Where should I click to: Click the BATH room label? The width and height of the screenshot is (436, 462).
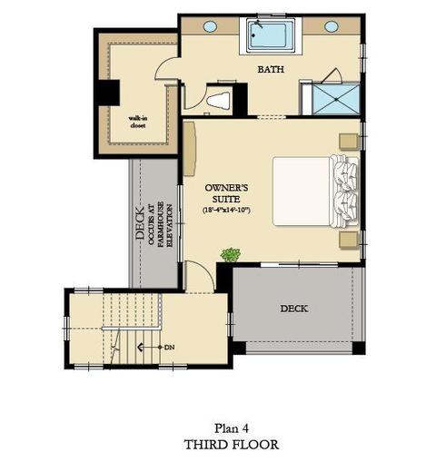[x=271, y=69]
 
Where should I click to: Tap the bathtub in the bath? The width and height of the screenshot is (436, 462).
[x=267, y=35]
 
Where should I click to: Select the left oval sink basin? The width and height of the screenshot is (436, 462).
[x=210, y=26]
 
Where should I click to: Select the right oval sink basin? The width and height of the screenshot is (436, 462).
[x=332, y=26]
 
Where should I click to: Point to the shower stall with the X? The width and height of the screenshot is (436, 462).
[x=336, y=99]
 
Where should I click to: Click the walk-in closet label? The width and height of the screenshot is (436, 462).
[x=138, y=122]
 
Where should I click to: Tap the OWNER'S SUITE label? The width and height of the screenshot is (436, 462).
[x=226, y=193]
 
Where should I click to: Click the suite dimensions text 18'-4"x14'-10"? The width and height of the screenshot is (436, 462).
[x=226, y=210]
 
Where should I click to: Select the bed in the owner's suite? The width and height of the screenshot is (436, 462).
[x=315, y=192]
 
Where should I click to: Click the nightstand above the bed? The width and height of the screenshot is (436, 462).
[x=349, y=142]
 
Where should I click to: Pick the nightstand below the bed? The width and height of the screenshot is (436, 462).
[x=349, y=241]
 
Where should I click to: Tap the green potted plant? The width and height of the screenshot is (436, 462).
[x=231, y=254]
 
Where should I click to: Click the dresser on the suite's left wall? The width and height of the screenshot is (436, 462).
[x=190, y=149]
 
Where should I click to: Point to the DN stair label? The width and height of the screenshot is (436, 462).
[x=170, y=348]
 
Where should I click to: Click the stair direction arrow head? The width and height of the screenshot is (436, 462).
[x=140, y=347]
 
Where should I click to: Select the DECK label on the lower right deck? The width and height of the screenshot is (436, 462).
[x=294, y=309]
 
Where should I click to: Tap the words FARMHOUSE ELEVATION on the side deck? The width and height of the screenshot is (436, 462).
[x=165, y=225]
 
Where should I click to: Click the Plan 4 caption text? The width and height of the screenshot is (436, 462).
[x=232, y=428]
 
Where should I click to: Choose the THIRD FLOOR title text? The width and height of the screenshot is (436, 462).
[x=232, y=445]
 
